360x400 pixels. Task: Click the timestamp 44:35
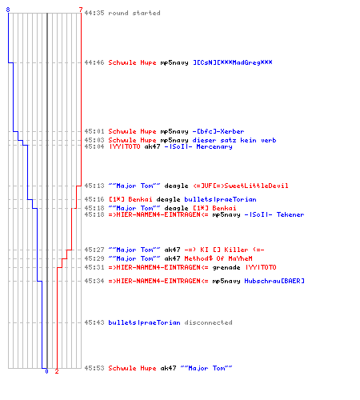pyautogui.click(x=94, y=13)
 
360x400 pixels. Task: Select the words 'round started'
pyautogui.click(x=134, y=13)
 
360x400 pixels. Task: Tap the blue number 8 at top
pyautogui.click(x=8, y=10)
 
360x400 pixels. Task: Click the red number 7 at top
pyautogui.click(x=81, y=10)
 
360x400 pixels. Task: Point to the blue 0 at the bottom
pyautogui.click(x=46, y=371)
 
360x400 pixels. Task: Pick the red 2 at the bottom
pyautogui.click(x=57, y=371)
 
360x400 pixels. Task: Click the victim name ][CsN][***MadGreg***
pyautogui.click(x=233, y=62)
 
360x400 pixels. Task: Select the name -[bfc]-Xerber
pyautogui.click(x=218, y=131)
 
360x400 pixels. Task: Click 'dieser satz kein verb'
pyautogui.click(x=234, y=140)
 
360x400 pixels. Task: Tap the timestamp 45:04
pyautogui.click(x=94, y=146)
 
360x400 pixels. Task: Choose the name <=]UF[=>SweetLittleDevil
pyautogui.click(x=241, y=186)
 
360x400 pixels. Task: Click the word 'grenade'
pyautogui.click(x=226, y=267)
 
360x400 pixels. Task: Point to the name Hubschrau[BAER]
pyautogui.click(x=274, y=281)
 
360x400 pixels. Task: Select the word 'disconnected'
pyautogui.click(x=208, y=322)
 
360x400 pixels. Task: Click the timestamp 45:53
pyautogui.click(x=94, y=368)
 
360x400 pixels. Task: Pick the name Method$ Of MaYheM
pyautogui.click(x=218, y=258)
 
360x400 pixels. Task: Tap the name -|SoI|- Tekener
pyautogui.click(x=274, y=214)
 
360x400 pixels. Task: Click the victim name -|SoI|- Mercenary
pyautogui.click(x=198, y=146)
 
